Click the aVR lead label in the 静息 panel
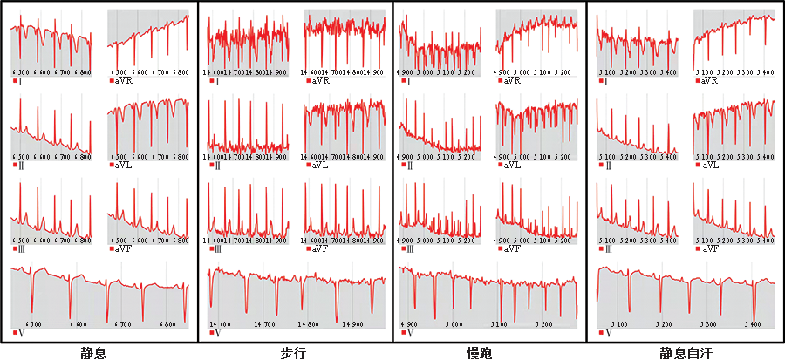pos(124,81)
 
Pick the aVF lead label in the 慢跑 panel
pos(514,249)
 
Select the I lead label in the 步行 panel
pos(215,81)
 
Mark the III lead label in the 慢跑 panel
pos(411,249)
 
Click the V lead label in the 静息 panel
pos(20,333)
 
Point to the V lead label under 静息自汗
pos(608,333)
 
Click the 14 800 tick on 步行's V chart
pos(307,323)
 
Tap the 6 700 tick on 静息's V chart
pos(120,323)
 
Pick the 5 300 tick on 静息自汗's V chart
pos(710,323)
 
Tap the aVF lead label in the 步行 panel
pos(320,249)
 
